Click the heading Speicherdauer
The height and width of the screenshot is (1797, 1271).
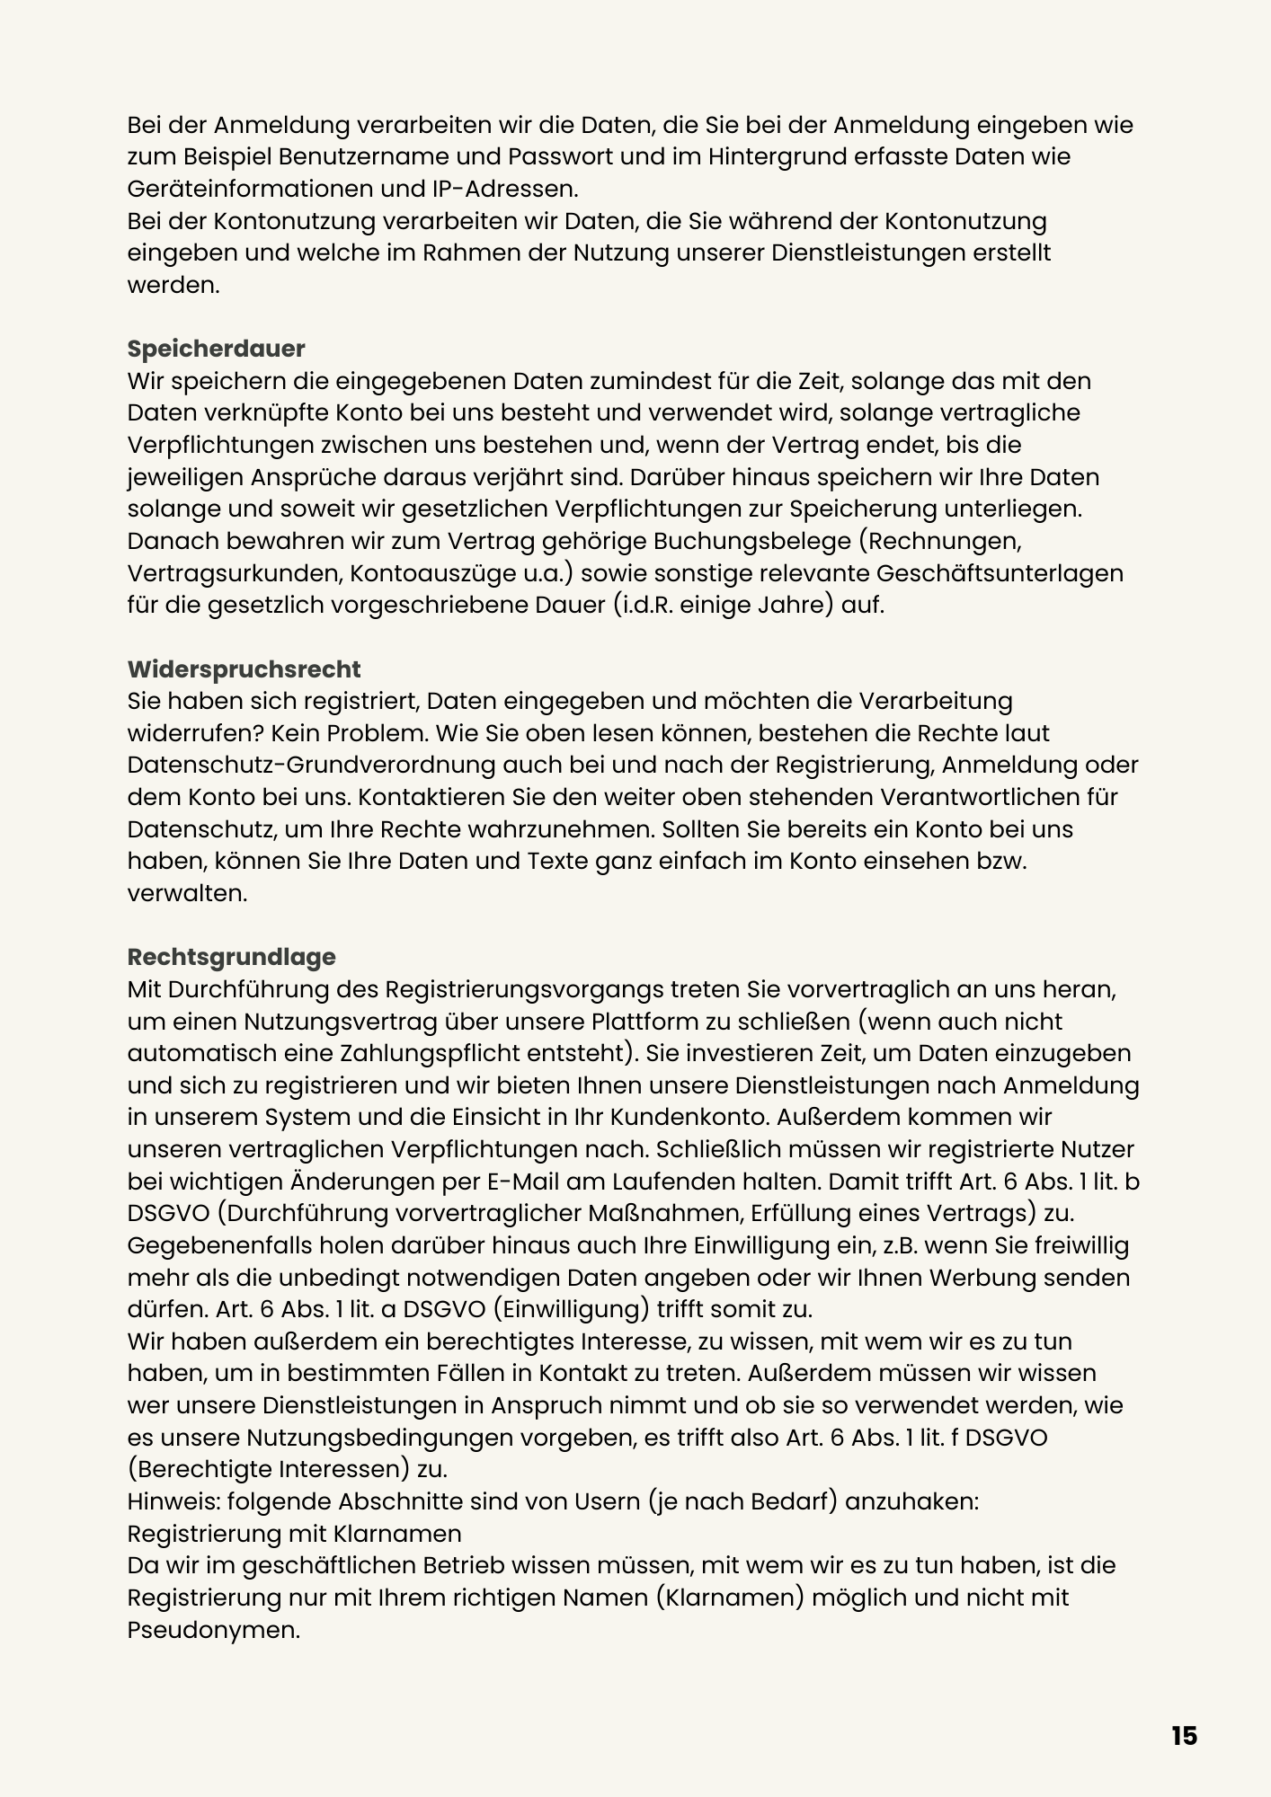click(216, 349)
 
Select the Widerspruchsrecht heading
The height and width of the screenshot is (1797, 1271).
click(244, 669)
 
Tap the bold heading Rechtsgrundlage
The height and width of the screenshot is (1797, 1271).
click(231, 957)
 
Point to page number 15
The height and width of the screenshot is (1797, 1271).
click(1185, 1736)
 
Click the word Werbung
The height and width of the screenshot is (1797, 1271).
click(1018, 1278)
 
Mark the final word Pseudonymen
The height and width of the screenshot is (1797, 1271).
click(213, 1630)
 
